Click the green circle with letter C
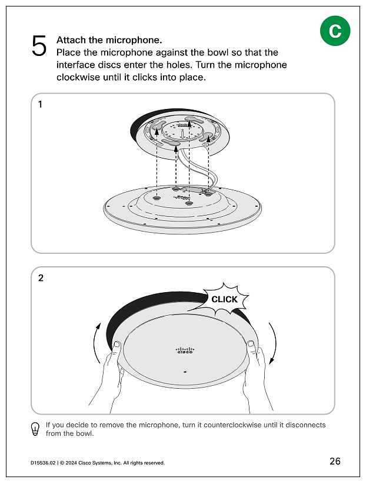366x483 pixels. (335, 31)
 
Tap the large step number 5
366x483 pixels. (39, 46)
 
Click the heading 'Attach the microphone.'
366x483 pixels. (109, 40)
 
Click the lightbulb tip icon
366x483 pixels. (35, 429)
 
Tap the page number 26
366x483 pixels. (335, 461)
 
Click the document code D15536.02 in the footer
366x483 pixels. (43, 463)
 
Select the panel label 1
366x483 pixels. (40, 105)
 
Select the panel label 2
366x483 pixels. (41, 279)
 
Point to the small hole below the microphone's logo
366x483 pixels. (185, 372)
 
